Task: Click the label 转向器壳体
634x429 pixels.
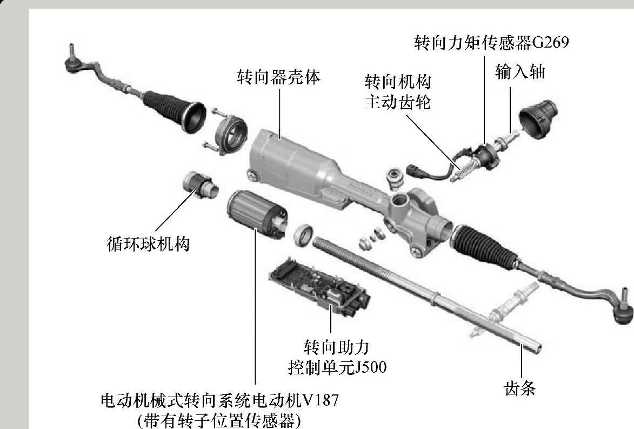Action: (278, 76)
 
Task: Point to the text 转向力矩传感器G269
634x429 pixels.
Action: (491, 42)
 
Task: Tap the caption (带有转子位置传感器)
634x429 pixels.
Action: (219, 420)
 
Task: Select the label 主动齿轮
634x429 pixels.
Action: (397, 101)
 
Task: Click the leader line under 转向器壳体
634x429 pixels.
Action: (279, 111)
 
